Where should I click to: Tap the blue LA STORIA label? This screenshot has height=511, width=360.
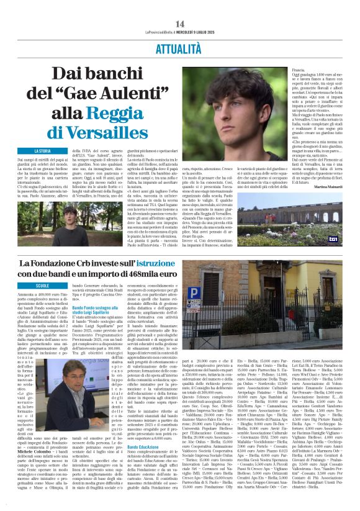[x=42, y=151]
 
